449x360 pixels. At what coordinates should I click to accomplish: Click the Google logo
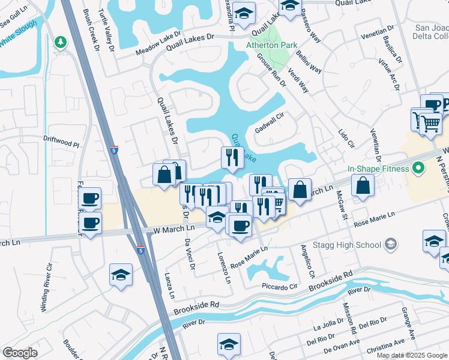pos(20,352)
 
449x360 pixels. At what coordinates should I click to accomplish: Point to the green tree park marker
pos(60,43)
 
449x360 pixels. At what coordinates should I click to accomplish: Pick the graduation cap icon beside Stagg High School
pos(391,244)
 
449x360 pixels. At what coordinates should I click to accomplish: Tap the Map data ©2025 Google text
pos(411,355)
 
